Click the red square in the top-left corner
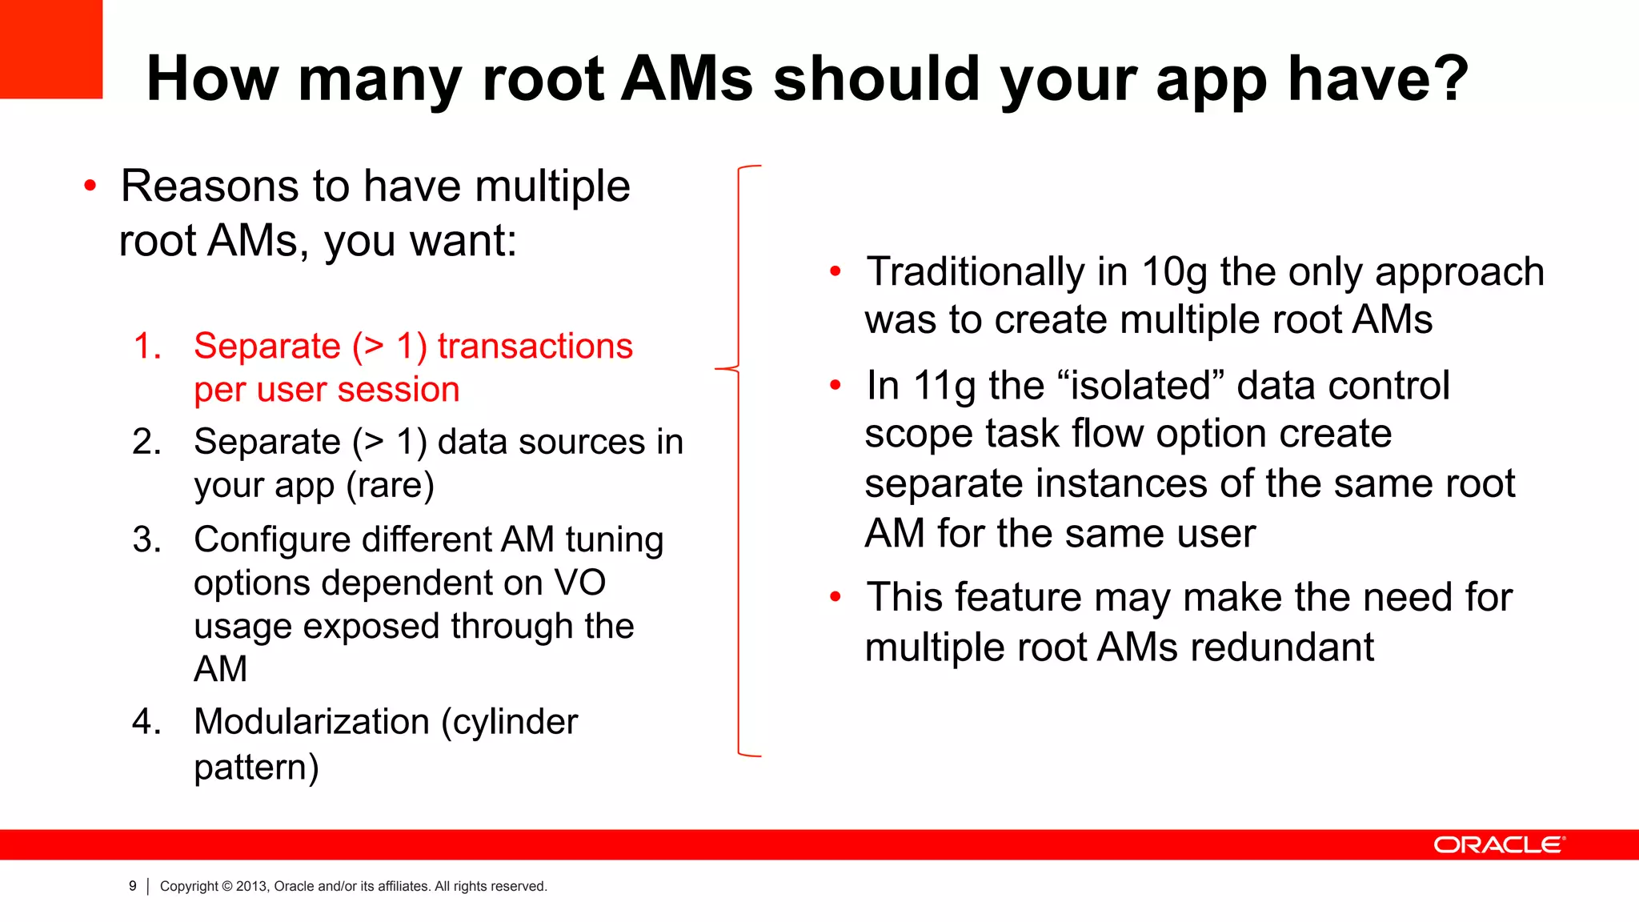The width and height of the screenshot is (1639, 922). (x=50, y=48)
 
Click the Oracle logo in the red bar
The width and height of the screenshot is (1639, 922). (x=1498, y=845)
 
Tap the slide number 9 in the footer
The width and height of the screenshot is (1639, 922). (x=133, y=886)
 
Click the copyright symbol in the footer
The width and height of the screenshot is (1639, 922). (x=227, y=886)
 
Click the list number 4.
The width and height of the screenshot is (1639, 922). (x=147, y=722)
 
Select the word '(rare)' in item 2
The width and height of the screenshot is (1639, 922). (x=390, y=485)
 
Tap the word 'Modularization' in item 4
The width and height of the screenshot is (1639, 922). (x=311, y=722)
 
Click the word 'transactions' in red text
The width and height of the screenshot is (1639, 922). (x=535, y=347)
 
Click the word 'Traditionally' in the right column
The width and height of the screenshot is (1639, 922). (x=976, y=272)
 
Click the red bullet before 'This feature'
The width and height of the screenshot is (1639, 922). (x=836, y=597)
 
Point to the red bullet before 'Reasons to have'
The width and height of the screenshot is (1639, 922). (x=90, y=186)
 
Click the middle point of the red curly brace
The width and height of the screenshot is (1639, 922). (x=720, y=369)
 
